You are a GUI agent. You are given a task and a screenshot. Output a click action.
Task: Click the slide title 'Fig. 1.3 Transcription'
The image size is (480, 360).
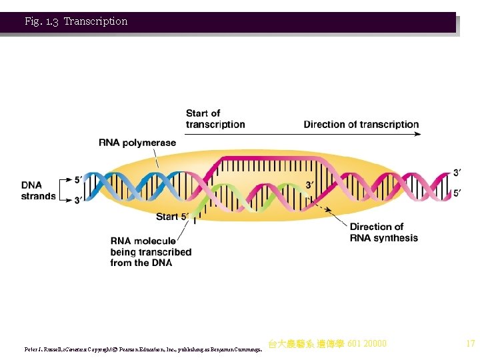pyautogui.click(x=76, y=21)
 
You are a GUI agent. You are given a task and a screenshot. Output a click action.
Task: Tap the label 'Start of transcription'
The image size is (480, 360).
pyautogui.click(x=215, y=119)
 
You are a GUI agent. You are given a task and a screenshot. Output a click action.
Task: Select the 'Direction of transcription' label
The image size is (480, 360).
pyautogui.click(x=361, y=125)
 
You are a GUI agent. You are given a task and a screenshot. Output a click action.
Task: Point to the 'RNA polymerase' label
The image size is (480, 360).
pyautogui.click(x=137, y=143)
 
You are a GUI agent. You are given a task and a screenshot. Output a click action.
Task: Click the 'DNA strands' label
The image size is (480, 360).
pyautogui.click(x=38, y=191)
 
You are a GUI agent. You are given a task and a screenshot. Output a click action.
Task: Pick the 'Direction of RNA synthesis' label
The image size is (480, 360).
pyautogui.click(x=383, y=233)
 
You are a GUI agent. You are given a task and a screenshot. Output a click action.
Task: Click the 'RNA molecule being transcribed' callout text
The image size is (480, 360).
pyautogui.click(x=151, y=252)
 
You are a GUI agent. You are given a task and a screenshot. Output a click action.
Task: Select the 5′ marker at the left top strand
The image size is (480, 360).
pyautogui.click(x=78, y=180)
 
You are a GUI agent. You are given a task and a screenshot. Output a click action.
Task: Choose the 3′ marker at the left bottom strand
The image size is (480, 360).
pyautogui.click(x=78, y=199)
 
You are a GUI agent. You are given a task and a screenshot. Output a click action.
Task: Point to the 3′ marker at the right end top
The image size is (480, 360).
pyautogui.click(x=457, y=173)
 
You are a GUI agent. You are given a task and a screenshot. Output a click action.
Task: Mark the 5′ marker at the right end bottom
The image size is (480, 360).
pyautogui.click(x=457, y=193)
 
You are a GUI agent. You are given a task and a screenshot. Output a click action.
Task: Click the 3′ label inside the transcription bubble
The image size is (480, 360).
pyautogui.click(x=310, y=185)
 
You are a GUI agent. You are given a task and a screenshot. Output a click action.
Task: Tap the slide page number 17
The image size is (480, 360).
pyautogui.click(x=470, y=344)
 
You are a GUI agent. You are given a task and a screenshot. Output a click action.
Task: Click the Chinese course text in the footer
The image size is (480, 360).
pyautogui.click(x=327, y=344)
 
